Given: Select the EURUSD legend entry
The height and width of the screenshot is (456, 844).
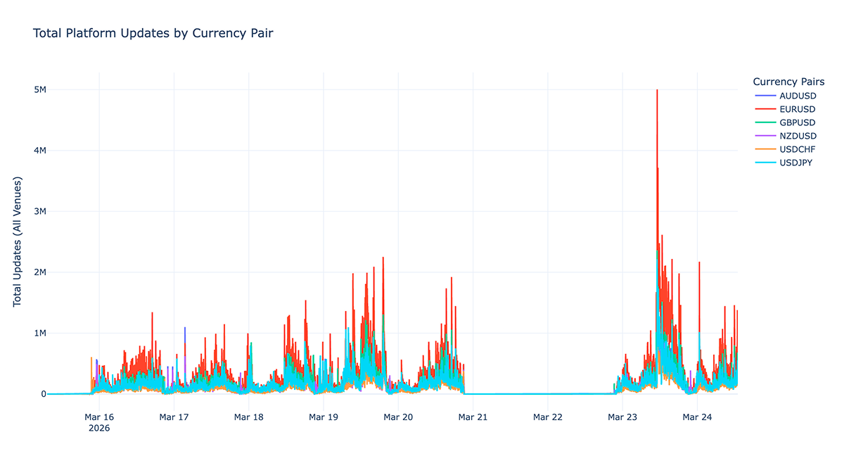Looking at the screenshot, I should [797, 109].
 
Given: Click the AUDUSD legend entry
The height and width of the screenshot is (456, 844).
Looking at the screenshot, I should [798, 96].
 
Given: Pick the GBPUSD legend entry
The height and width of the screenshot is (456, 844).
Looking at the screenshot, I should [797, 122].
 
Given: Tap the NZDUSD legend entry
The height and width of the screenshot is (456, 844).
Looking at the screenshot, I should [798, 136].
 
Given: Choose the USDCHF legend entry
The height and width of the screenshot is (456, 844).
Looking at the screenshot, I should [798, 149].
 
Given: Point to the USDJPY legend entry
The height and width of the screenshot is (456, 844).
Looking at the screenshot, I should [796, 163].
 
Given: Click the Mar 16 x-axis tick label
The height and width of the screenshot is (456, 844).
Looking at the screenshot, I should [99, 417].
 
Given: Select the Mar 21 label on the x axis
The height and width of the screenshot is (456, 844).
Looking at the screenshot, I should [473, 417].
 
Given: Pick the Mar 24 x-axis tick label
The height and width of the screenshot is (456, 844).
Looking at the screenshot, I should [696, 417].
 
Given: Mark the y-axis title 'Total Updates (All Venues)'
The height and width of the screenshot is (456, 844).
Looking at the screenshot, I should [18, 241].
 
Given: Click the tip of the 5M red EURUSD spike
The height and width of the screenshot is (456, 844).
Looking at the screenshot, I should [657, 90].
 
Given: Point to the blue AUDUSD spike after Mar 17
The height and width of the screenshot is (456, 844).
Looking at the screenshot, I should [185, 328].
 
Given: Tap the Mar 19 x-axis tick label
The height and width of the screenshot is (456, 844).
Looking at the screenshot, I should [323, 417].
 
